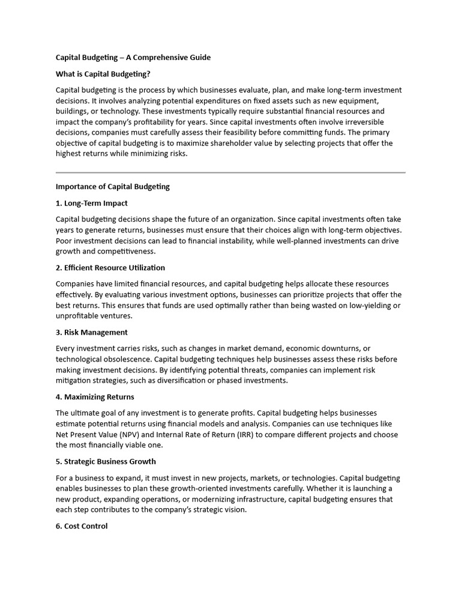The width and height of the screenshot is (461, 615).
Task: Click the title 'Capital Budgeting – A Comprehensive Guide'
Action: pos(133,58)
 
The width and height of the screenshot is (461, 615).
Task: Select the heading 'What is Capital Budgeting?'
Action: pos(103,74)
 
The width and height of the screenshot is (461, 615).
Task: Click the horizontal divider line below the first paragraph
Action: pos(230,172)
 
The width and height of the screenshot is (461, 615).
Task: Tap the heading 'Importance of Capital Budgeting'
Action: pos(113,187)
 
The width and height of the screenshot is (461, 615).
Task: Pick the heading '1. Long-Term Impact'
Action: pos(92,203)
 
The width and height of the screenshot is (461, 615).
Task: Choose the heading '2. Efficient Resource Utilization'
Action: pos(110,268)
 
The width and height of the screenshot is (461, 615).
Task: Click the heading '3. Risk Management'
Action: pos(92,332)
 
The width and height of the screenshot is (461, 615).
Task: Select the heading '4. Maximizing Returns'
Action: pos(95,397)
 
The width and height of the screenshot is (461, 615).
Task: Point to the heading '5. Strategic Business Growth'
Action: pos(106,461)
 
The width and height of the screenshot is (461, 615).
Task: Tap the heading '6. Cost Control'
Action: pos(82,526)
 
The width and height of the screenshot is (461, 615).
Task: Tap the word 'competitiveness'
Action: pos(125,251)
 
